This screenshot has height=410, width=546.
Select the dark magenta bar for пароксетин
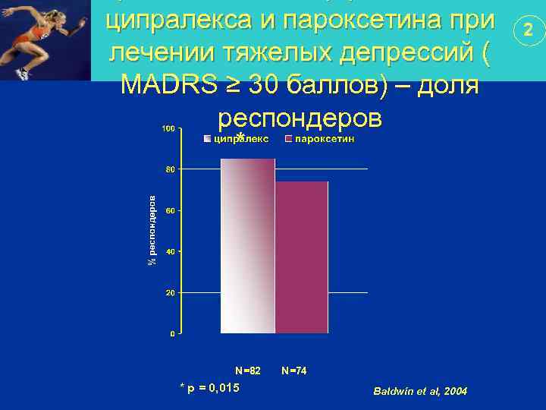point(301,257)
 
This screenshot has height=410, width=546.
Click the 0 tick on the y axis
point(172,333)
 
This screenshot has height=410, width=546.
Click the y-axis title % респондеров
point(152,231)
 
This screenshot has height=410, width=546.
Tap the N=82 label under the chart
point(248,371)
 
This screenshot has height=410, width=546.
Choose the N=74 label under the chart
point(293,371)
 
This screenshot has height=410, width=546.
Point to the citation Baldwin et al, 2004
point(421,390)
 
